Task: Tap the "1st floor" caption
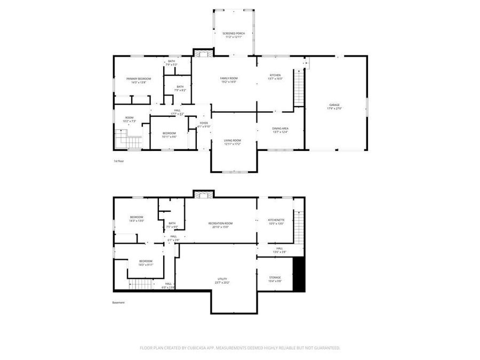pos(118,161)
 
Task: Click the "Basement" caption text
pos(118,302)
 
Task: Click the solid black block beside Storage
pos(299,274)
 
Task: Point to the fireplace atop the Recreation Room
pos(203,194)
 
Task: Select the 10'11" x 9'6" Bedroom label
pos(169,134)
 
